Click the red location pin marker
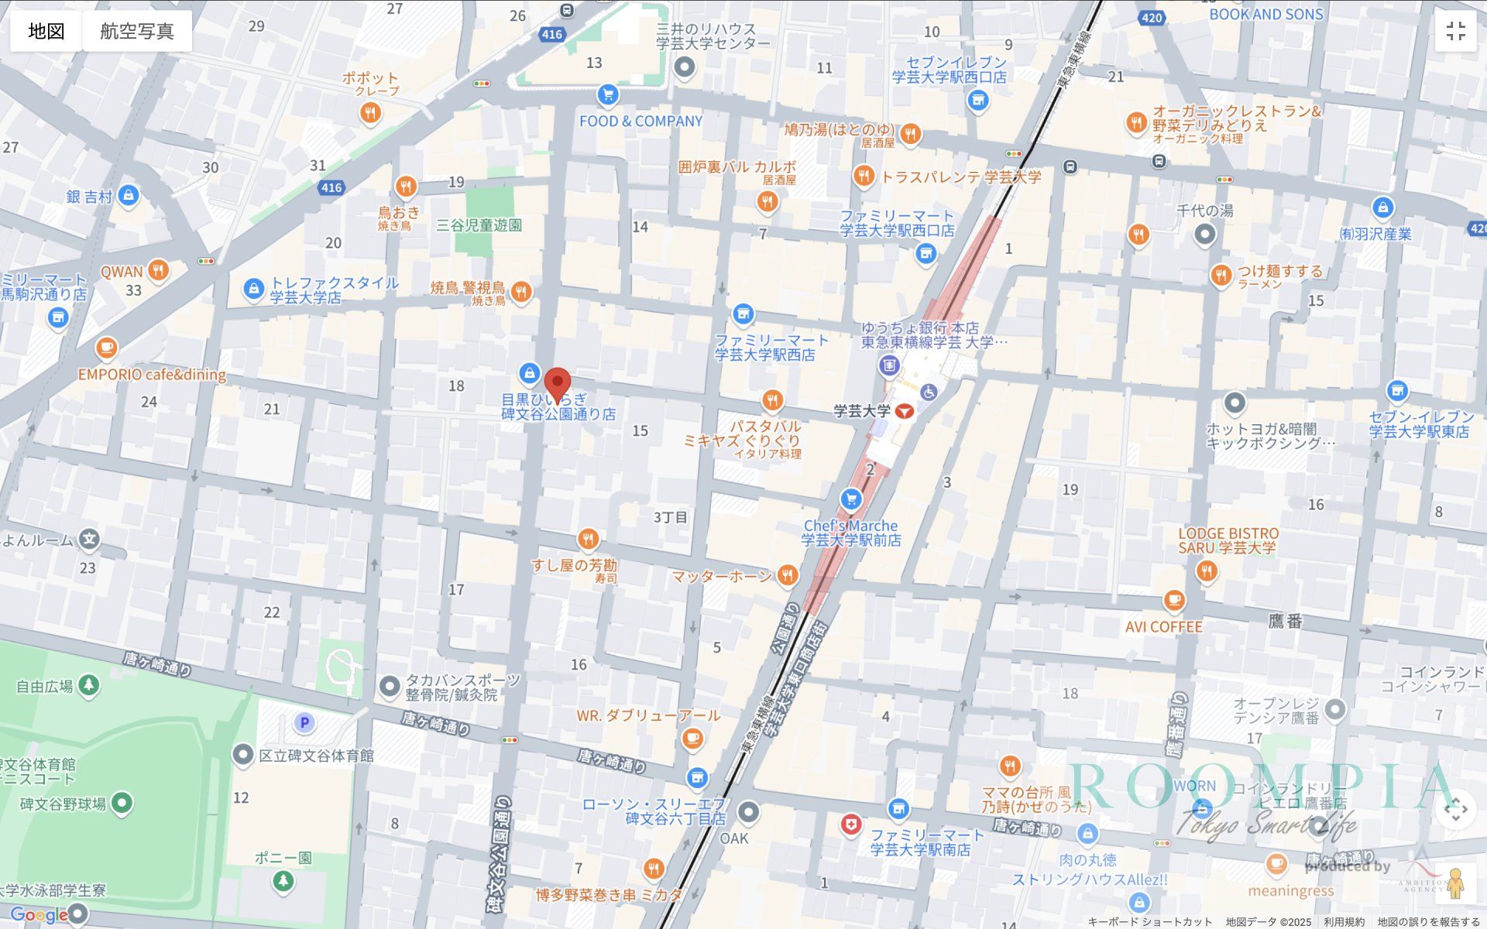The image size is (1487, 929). tap(557, 383)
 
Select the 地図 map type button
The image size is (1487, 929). tap(46, 31)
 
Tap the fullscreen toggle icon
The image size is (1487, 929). tap(1455, 31)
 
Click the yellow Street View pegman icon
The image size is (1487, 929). tap(1455, 883)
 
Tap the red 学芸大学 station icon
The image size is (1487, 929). tap(904, 411)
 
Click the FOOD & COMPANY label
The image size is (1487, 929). tap(640, 122)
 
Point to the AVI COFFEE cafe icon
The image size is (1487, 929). tap(1174, 601)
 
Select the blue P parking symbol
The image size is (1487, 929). tap(304, 723)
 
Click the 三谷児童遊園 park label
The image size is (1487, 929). tap(479, 225)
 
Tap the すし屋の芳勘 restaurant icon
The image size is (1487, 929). tap(588, 539)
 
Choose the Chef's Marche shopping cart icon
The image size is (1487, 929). tap(851, 499)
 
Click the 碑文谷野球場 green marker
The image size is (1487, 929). tap(122, 804)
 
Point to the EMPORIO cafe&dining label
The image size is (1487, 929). tap(152, 375)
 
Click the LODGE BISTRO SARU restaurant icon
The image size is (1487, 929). tap(1206, 572)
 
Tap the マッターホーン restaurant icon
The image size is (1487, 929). tap(788, 575)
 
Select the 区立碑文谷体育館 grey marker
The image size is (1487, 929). tap(243, 754)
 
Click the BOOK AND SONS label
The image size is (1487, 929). tap(1266, 15)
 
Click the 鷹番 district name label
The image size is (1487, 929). tap(1285, 621)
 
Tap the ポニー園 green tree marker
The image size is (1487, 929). tap(283, 881)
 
